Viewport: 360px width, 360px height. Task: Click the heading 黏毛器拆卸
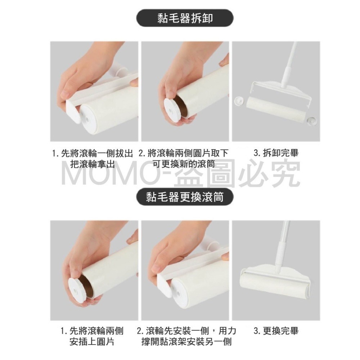click(x=185, y=18)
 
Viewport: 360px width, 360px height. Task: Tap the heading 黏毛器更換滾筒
click(x=185, y=197)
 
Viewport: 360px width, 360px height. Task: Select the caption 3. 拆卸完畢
click(x=276, y=153)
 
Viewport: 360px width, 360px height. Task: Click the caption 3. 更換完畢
click(x=276, y=331)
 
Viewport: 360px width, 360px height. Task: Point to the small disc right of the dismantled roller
click(x=311, y=120)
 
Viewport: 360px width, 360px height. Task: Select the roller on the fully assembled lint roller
click(x=275, y=285)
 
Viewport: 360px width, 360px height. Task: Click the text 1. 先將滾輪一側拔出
click(x=93, y=153)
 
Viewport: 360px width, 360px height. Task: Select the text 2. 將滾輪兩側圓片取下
click(x=184, y=153)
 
